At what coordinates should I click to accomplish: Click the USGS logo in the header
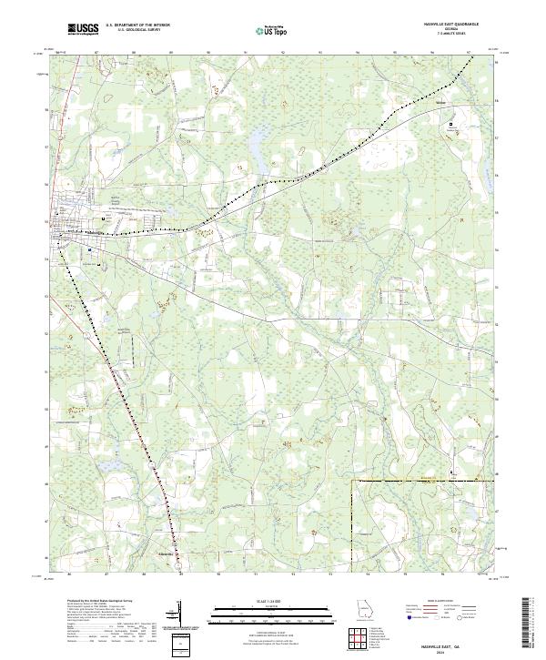coord(83,30)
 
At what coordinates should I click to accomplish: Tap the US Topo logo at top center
coord(273,31)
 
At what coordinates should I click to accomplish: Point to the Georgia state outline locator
coord(363,611)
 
